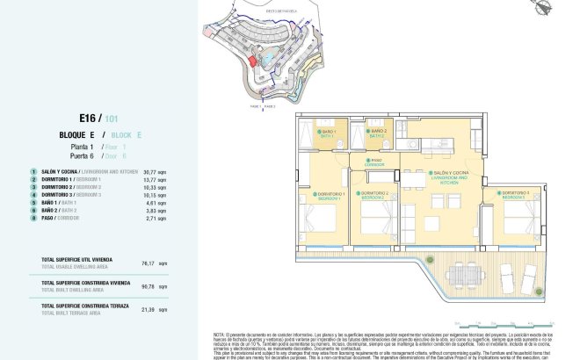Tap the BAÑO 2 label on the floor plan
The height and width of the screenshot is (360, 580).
pyautogui.click(x=376, y=135)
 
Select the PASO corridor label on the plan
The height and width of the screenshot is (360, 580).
pyautogui.click(x=376, y=162)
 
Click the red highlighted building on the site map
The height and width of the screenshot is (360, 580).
pyautogui.click(x=252, y=61)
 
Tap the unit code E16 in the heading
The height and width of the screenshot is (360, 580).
pyautogui.click(x=89, y=118)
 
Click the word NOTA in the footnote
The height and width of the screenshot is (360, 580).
pyautogui.click(x=220, y=335)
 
